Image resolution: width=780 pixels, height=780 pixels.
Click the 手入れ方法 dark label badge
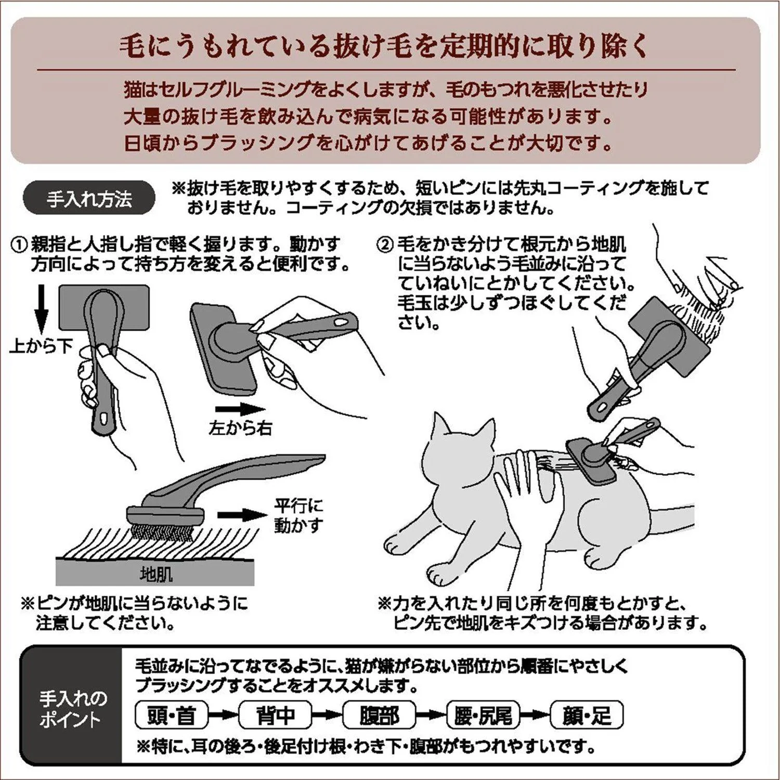[89, 198]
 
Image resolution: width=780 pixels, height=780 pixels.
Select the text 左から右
[240, 427]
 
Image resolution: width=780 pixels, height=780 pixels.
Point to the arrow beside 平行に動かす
[241, 515]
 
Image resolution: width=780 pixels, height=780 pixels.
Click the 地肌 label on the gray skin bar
[155, 574]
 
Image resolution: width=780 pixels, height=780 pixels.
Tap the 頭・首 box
[171, 716]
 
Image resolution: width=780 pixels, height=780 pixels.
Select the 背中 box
[275, 716]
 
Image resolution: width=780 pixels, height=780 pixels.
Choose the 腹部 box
[379, 716]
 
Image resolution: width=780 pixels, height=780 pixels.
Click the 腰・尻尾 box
[483, 716]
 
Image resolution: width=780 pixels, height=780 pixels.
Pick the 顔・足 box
[587, 716]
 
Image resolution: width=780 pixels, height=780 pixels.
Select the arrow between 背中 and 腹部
[327, 716]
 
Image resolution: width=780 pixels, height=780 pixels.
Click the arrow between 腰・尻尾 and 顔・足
[535, 716]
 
